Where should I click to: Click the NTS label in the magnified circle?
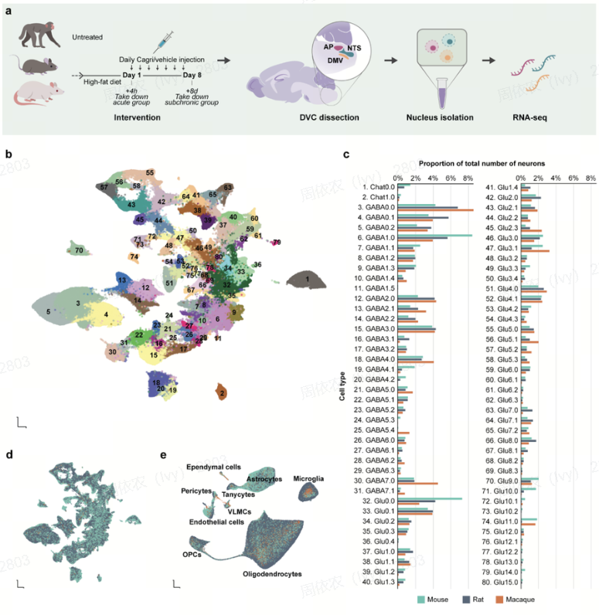[x=354, y=49]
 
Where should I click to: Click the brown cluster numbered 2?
[x=223, y=393]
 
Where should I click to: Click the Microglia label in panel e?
[x=309, y=479]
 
